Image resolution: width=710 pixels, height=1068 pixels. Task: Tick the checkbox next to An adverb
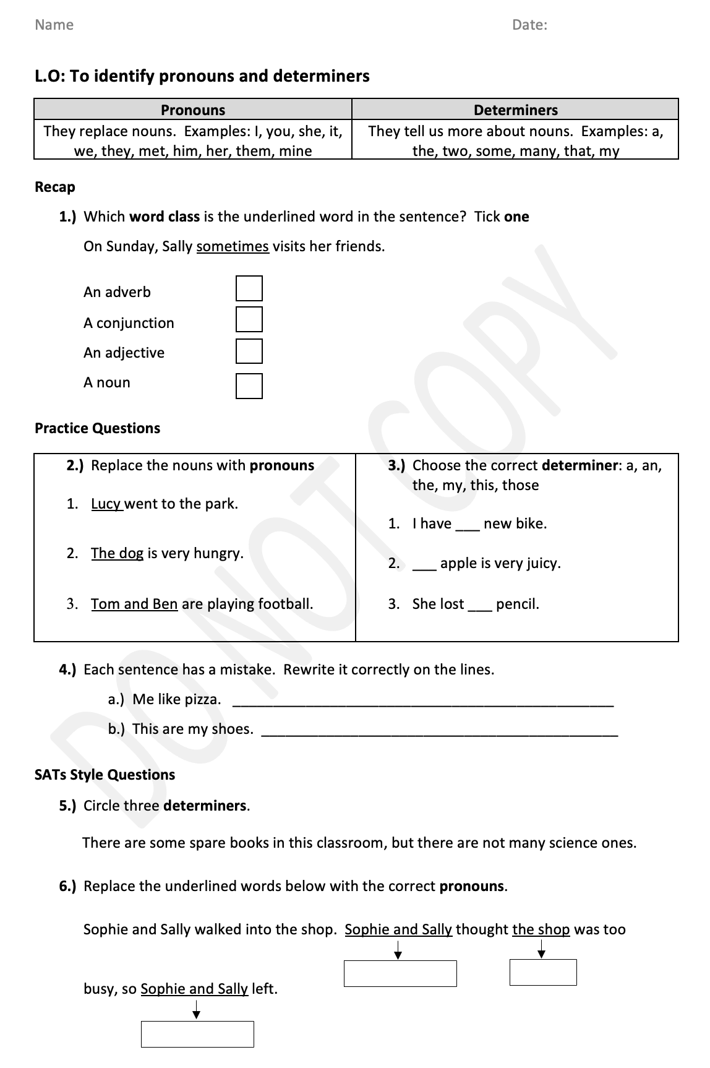249,289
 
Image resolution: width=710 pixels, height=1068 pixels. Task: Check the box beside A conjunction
249,320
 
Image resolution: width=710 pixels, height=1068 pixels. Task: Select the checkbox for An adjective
249,351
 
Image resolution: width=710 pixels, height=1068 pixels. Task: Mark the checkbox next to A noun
249,386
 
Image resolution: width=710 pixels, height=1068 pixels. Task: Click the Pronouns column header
193,110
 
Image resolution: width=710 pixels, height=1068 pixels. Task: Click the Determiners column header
515,110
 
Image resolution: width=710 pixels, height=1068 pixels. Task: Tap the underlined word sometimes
233,246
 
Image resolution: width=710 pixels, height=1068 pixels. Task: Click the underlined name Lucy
106,504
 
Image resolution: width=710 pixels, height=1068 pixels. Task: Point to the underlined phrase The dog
117,553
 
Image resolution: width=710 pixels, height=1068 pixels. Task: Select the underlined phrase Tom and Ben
134,604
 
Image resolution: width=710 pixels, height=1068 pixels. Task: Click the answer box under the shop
543,972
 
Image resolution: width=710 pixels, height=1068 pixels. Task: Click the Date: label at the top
529,25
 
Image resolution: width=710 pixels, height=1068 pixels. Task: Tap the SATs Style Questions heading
105,775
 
